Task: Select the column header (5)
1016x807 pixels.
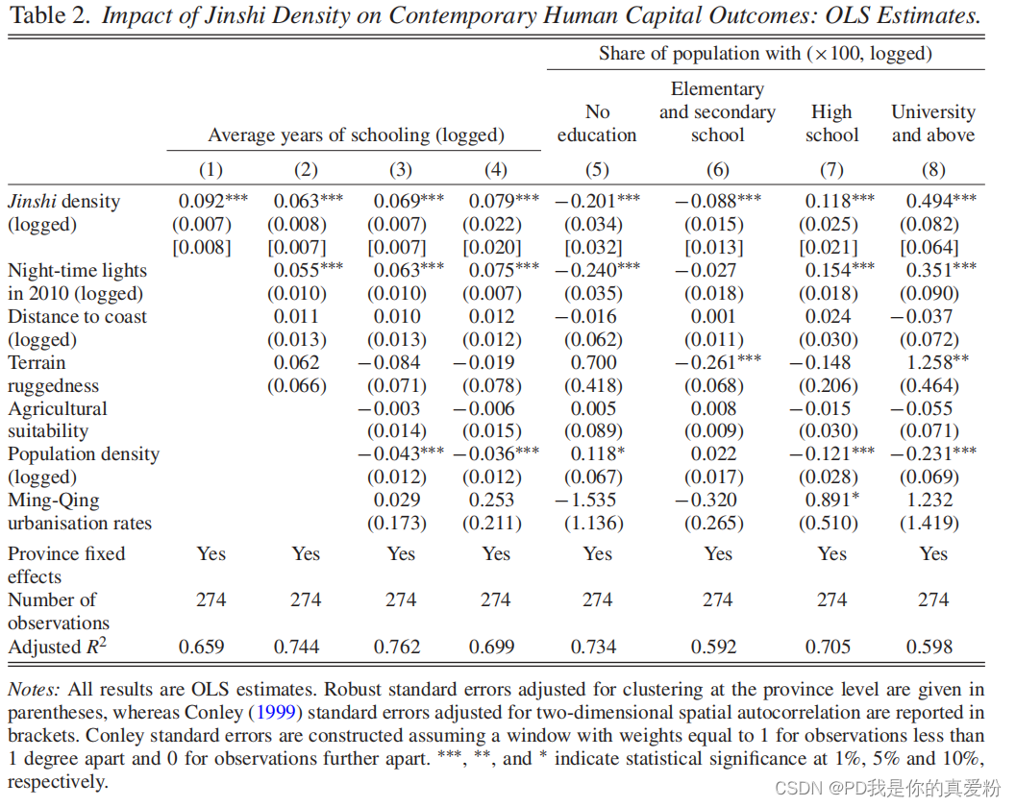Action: (597, 170)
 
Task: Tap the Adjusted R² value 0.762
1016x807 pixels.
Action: (397, 647)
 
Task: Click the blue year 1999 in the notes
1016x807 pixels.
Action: (276, 713)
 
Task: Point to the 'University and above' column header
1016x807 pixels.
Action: (933, 123)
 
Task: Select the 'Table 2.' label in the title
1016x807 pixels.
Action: (50, 15)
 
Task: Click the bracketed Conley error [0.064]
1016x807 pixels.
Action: (929, 247)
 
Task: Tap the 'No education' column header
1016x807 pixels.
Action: (597, 123)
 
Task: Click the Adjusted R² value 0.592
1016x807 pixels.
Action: (713, 647)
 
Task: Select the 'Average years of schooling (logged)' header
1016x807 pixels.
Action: (356, 134)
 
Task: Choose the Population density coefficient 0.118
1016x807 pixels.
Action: (598, 453)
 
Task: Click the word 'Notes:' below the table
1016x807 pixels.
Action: (34, 689)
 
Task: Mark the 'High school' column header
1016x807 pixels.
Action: (832, 123)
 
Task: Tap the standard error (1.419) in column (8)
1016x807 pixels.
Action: (929, 523)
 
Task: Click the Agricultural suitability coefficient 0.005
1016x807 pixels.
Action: (593, 408)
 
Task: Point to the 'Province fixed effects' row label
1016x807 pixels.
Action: (66, 565)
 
